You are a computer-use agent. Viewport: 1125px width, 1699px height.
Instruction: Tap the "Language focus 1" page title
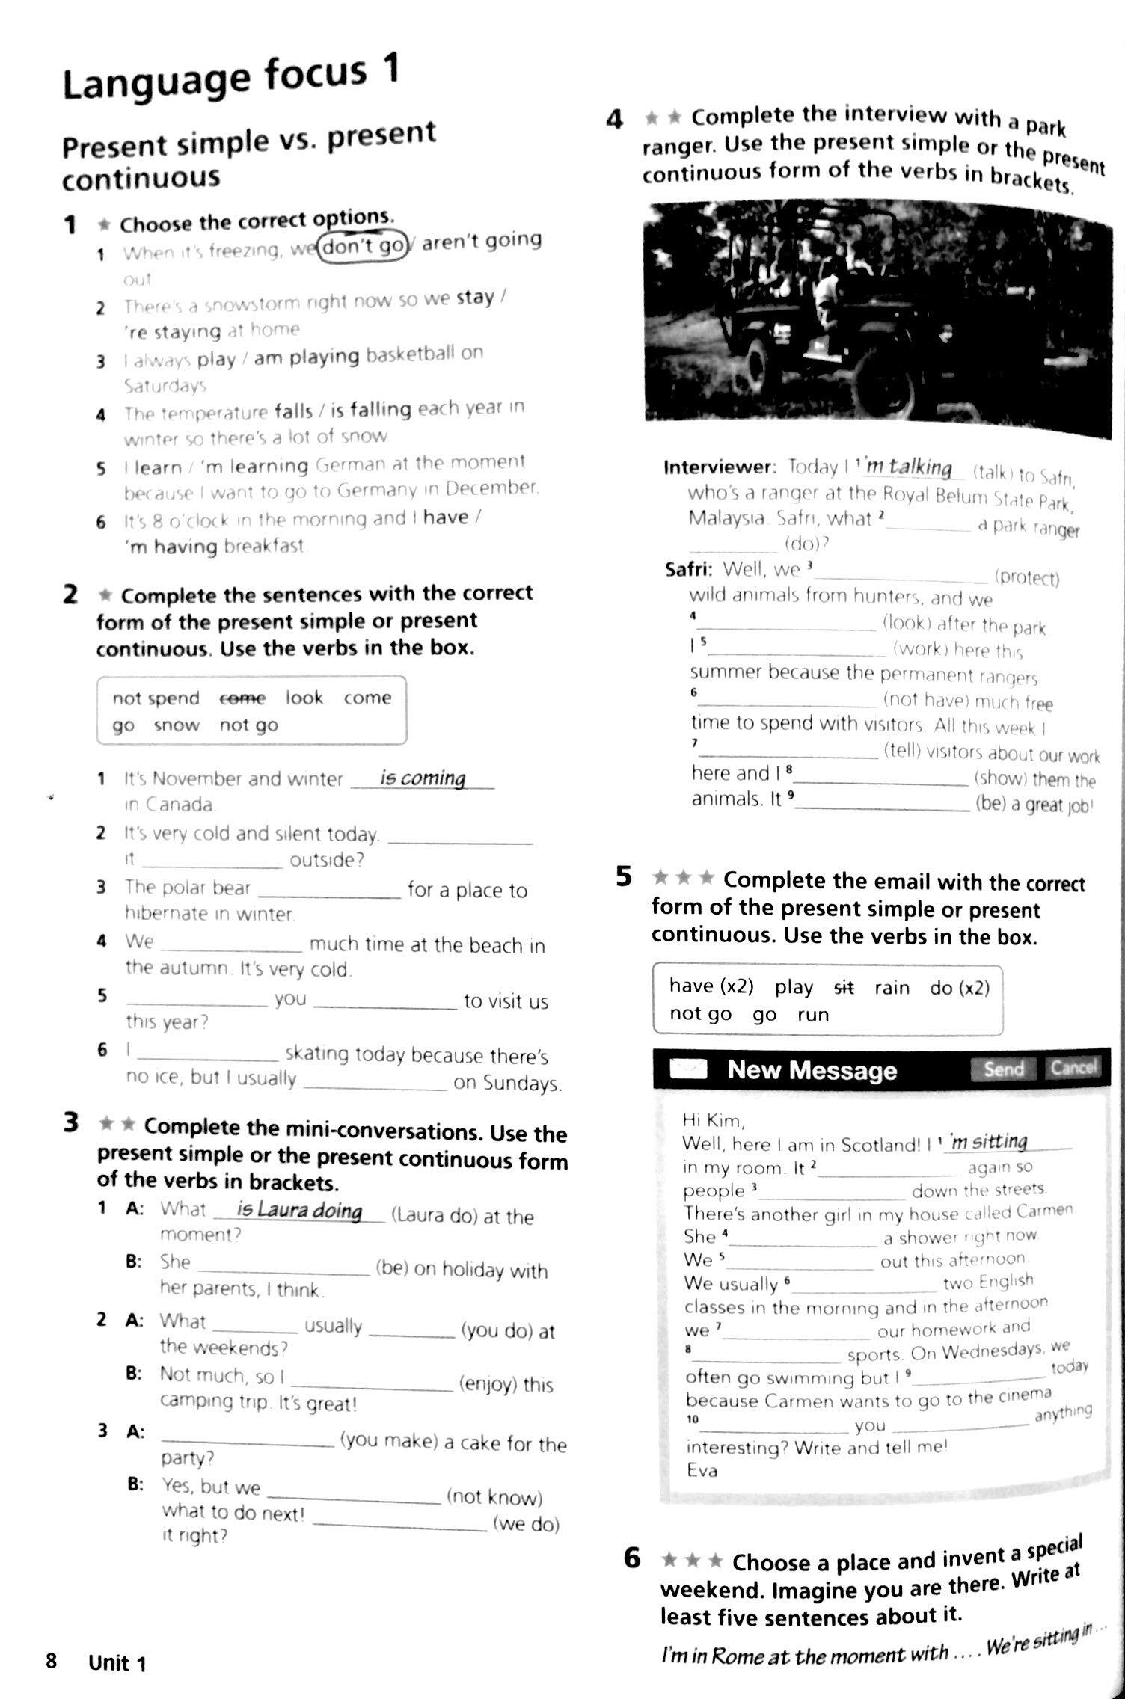(x=230, y=79)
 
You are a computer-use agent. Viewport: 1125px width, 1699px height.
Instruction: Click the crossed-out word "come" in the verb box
(x=242, y=698)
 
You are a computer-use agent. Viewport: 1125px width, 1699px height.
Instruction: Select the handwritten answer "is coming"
(x=423, y=778)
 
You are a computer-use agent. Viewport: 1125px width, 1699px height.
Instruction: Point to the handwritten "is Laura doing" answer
(x=299, y=1210)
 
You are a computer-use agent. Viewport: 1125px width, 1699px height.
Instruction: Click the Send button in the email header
(x=1003, y=1069)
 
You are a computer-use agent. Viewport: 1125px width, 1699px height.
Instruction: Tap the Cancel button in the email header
(x=1073, y=1067)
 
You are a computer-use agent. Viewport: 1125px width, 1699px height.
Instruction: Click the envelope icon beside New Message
(x=687, y=1069)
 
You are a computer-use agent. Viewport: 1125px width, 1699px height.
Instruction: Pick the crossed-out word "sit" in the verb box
(x=844, y=987)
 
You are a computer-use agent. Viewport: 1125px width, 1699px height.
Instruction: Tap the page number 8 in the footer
(x=51, y=1662)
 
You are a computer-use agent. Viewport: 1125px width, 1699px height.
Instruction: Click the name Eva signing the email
(x=702, y=1470)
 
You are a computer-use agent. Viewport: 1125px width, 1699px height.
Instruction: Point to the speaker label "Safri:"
(x=688, y=570)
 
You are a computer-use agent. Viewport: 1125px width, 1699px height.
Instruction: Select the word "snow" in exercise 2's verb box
(x=177, y=725)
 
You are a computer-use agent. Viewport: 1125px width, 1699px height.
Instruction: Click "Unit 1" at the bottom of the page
(x=117, y=1663)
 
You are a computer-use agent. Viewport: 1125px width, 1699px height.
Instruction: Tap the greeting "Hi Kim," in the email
(x=714, y=1120)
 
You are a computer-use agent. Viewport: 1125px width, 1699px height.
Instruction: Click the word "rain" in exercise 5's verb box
(x=892, y=988)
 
